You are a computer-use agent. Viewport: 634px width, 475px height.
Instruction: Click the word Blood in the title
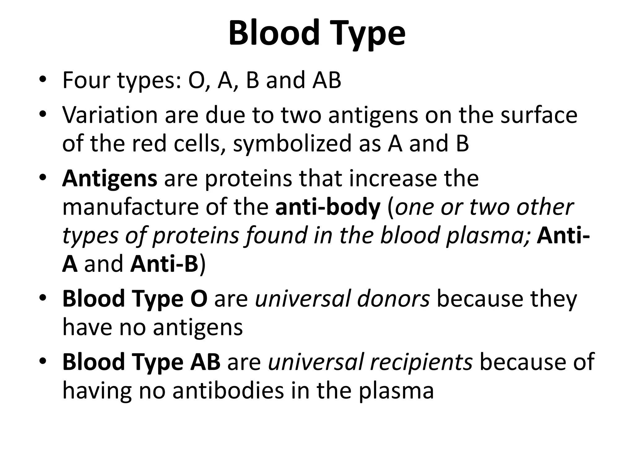click(x=274, y=33)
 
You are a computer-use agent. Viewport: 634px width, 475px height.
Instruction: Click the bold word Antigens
click(x=110, y=180)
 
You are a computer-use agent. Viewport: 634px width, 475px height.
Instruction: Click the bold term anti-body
click(x=328, y=208)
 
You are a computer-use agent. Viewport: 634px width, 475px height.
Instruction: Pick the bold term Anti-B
click(x=164, y=264)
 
